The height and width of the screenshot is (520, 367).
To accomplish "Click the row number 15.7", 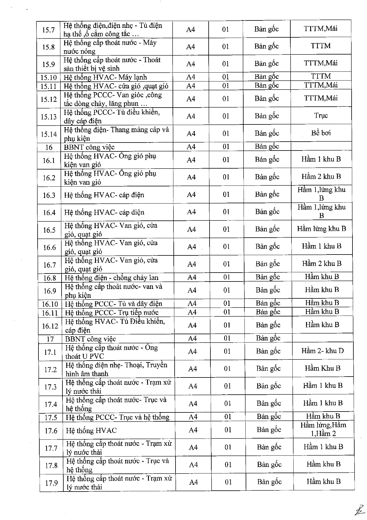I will pos(48,30).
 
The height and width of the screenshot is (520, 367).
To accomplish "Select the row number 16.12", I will pos(50,326).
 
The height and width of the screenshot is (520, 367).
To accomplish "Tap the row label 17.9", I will pos(51,483).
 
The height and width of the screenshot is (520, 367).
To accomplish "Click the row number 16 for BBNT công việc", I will pos(49,147).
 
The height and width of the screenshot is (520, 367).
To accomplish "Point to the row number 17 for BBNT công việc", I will pos(50,339).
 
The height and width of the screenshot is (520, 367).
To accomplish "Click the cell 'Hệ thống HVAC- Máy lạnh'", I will pos(105,77).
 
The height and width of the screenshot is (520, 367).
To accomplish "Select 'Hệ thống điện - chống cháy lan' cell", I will pos(112,278).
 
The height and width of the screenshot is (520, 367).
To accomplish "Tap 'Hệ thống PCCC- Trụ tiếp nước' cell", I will pos(112,313).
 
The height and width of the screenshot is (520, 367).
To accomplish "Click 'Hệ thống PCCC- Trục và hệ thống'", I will pos(117,417).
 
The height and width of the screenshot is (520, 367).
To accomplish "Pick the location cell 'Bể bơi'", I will pos(321,133).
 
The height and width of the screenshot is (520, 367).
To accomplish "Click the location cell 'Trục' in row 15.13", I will pos(321,116).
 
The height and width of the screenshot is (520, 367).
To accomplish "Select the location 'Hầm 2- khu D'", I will pos(323,351).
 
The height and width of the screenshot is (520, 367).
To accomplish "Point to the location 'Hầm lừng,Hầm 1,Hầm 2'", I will pos(323,429).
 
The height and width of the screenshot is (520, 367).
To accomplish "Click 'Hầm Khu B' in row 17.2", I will pos(323,368).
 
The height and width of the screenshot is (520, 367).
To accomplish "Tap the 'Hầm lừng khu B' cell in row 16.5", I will pos(321,229).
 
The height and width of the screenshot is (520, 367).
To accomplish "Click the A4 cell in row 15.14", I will pos(191,134).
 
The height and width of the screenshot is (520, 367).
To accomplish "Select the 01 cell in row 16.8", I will pos(226,277).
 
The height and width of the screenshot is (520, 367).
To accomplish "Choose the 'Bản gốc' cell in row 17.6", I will pos(269,430).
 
